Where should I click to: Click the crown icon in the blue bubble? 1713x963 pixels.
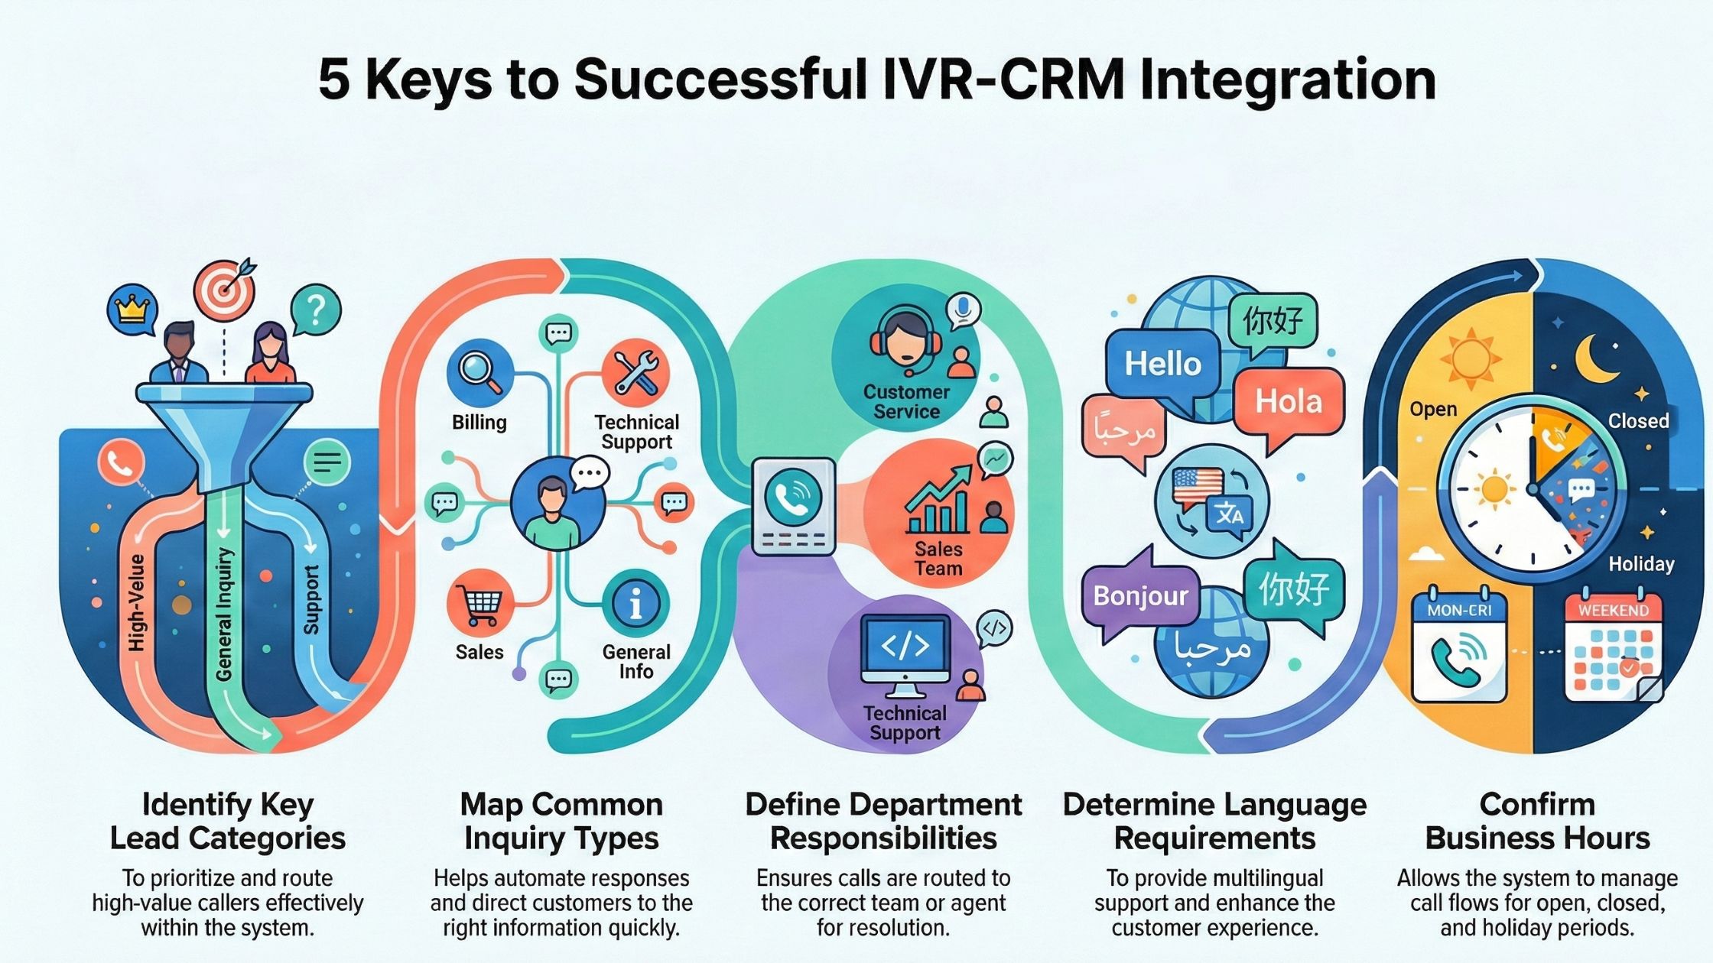point(131,309)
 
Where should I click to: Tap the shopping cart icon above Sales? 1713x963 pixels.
point(479,604)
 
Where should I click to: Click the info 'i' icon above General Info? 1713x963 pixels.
point(635,605)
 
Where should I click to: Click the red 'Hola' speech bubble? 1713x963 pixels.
point(1289,402)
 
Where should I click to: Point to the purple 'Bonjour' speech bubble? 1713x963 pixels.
point(1140,596)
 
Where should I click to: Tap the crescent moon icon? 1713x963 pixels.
point(1597,357)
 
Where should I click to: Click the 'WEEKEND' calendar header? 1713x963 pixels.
point(1614,611)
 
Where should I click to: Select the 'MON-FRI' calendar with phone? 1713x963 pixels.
point(1459,647)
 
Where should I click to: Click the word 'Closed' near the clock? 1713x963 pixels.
point(1638,421)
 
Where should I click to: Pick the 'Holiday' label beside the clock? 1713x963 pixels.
point(1641,564)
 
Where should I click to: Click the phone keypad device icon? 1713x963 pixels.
point(794,507)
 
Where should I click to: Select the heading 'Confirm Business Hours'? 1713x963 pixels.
point(1537,822)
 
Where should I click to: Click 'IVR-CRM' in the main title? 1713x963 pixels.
point(1003,79)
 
